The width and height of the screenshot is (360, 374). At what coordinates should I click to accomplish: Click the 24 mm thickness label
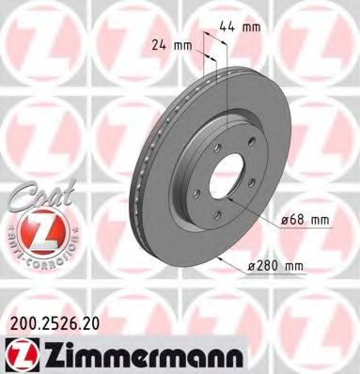168,44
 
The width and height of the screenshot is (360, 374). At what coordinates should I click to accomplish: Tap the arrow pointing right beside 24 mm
198,44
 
